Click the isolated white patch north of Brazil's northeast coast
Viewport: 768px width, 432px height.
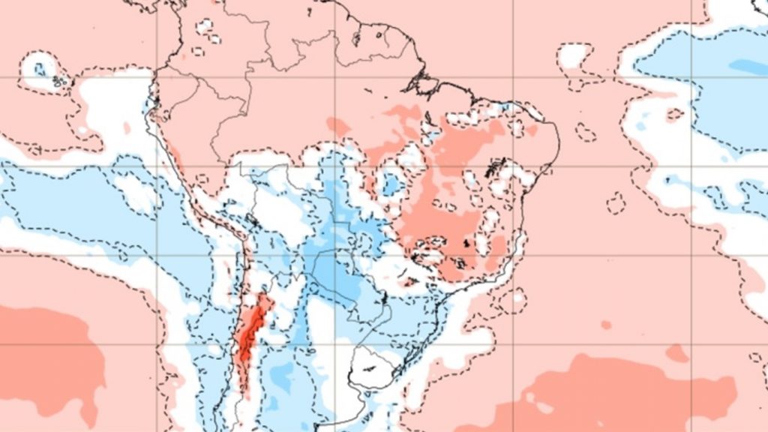tap(573, 54)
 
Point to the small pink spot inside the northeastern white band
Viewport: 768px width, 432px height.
tap(674, 115)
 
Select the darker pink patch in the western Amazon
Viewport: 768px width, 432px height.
tap(338, 127)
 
